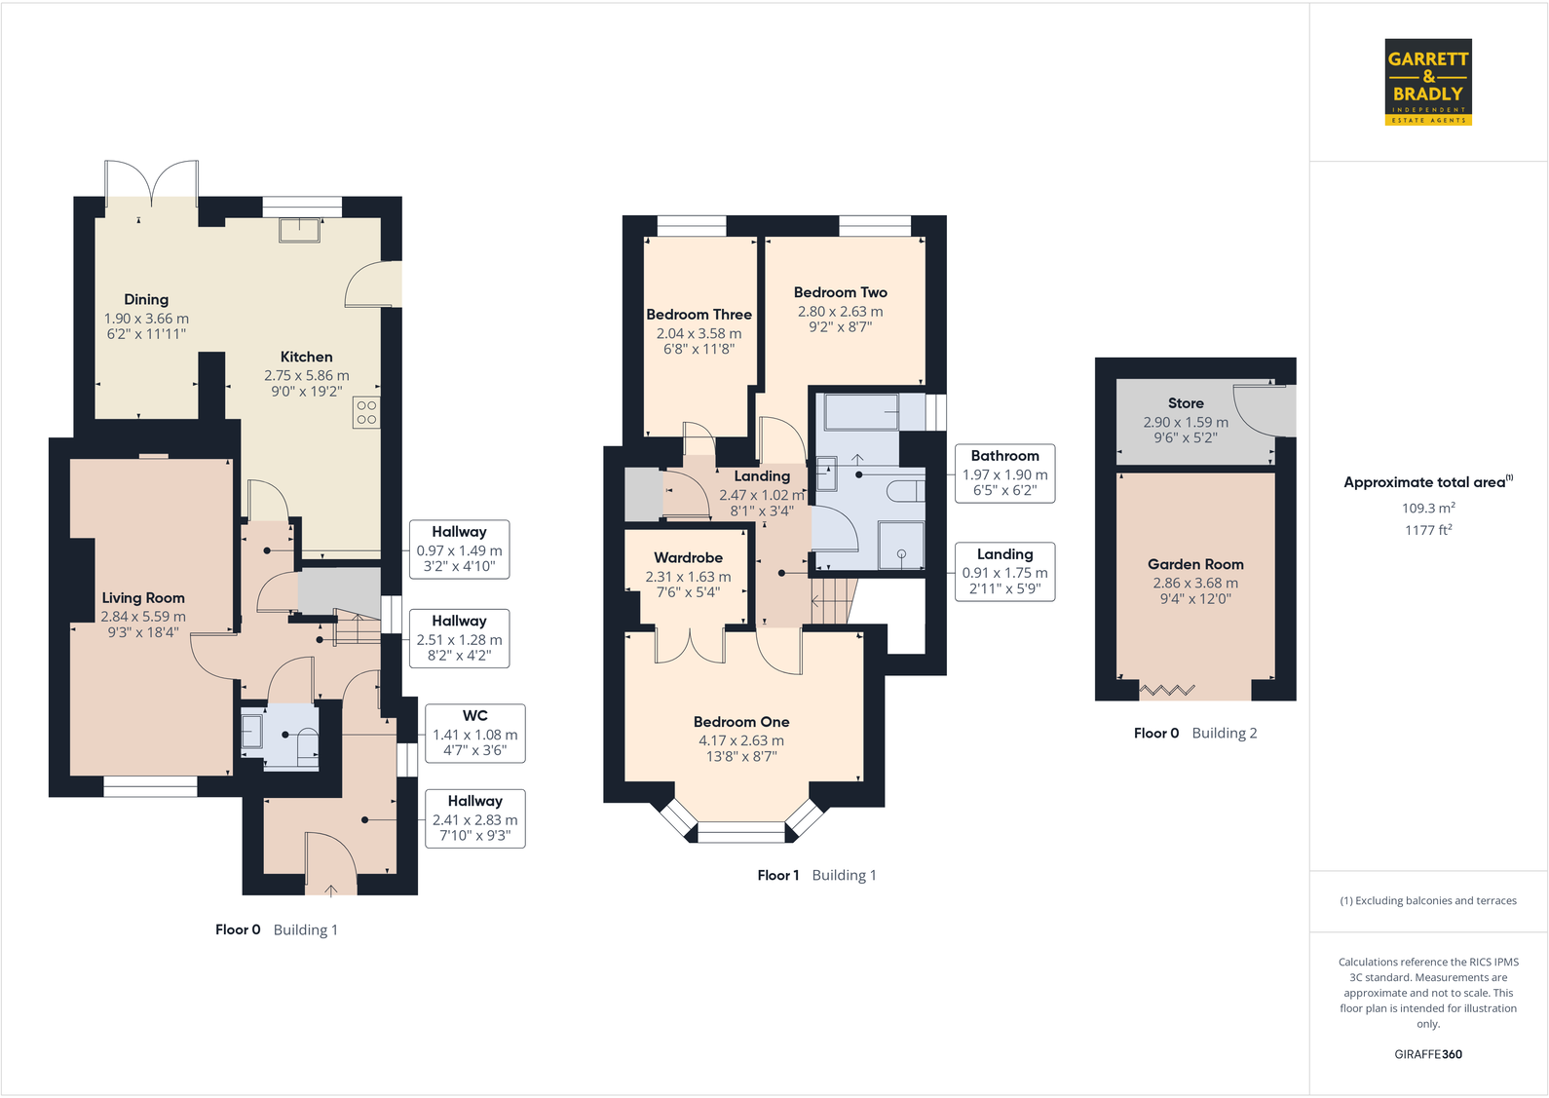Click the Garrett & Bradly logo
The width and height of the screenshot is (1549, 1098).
pos(1428,82)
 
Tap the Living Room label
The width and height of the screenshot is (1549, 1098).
pos(143,598)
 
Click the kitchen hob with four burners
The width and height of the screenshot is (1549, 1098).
pos(366,412)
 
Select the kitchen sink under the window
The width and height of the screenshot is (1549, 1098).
pos(299,230)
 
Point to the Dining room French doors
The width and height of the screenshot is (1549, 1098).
pos(151,181)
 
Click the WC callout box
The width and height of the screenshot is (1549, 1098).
pos(475,733)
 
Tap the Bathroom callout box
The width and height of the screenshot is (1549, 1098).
pos(1004,473)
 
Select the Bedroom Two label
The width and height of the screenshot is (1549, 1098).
pos(840,292)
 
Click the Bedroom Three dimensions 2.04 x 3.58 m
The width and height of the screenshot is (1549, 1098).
pos(699,333)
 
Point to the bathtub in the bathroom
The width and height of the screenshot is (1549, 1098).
pos(861,411)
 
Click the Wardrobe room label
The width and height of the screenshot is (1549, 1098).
pos(688,557)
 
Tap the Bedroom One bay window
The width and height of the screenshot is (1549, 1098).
pos(741,831)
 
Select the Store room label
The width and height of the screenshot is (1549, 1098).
pos(1186,403)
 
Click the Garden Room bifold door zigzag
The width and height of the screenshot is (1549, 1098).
pos(1167,690)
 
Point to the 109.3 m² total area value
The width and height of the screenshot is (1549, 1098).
pos(1427,508)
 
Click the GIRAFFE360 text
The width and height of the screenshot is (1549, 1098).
pos(1428,1054)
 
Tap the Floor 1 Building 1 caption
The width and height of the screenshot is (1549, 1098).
pos(816,875)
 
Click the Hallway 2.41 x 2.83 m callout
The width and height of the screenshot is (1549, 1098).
pos(475,817)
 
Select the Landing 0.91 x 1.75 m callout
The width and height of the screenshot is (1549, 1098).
pos(1004,571)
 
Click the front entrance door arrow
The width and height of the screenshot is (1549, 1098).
pos(331,889)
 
